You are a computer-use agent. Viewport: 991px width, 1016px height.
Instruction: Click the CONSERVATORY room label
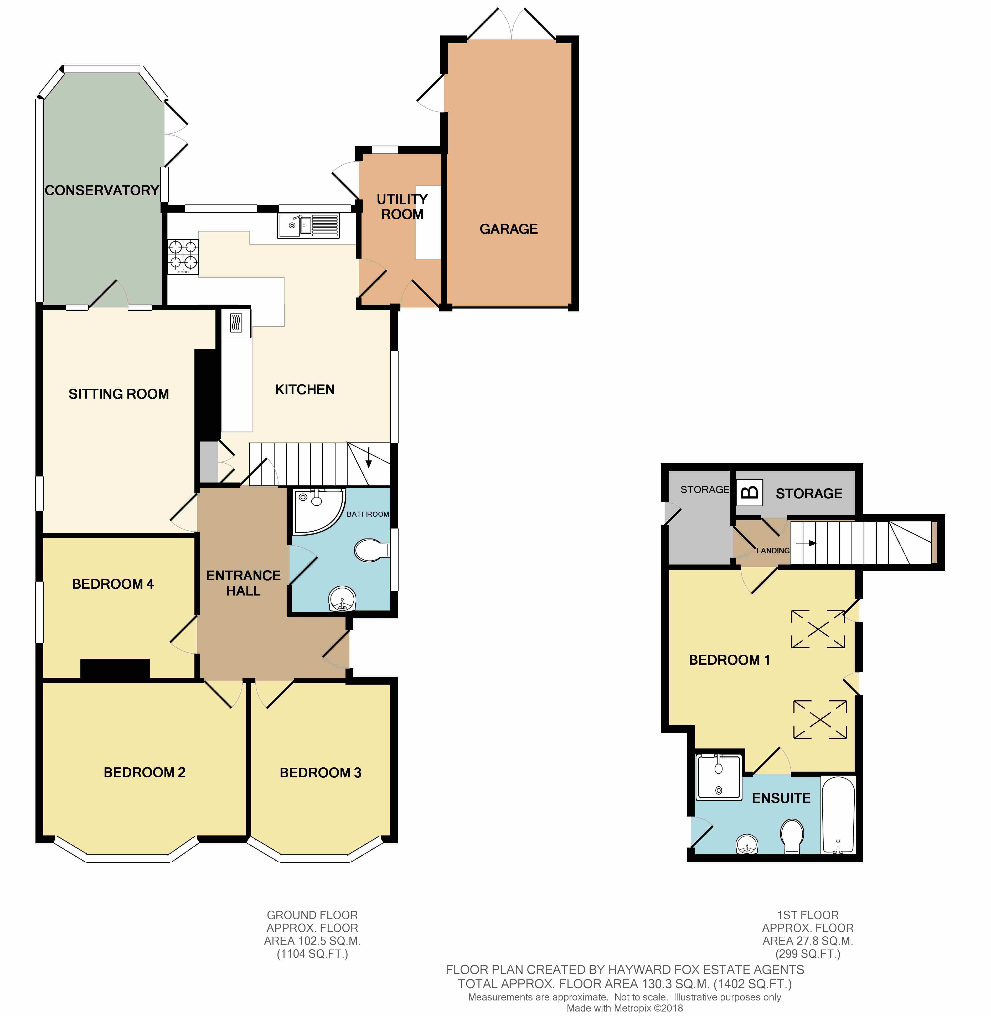[101, 190]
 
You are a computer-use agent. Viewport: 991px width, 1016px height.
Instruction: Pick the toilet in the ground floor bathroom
[371, 550]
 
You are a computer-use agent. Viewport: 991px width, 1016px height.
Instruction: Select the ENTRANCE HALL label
[243, 583]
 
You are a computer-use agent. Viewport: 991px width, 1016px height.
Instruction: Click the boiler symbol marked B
[749, 492]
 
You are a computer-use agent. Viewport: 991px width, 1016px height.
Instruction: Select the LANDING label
[773, 550]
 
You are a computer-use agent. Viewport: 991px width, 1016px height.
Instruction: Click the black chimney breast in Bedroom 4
[115, 669]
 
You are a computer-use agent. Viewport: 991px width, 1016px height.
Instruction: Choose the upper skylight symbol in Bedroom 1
[818, 629]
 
